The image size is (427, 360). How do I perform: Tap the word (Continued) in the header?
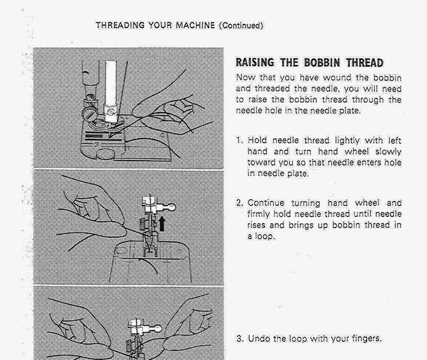pos(240,25)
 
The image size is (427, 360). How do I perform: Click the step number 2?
pos(239,203)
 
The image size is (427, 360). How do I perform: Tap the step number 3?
pos(239,338)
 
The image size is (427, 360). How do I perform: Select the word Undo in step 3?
pos(258,338)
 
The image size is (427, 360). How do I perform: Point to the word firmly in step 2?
pos(259,214)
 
